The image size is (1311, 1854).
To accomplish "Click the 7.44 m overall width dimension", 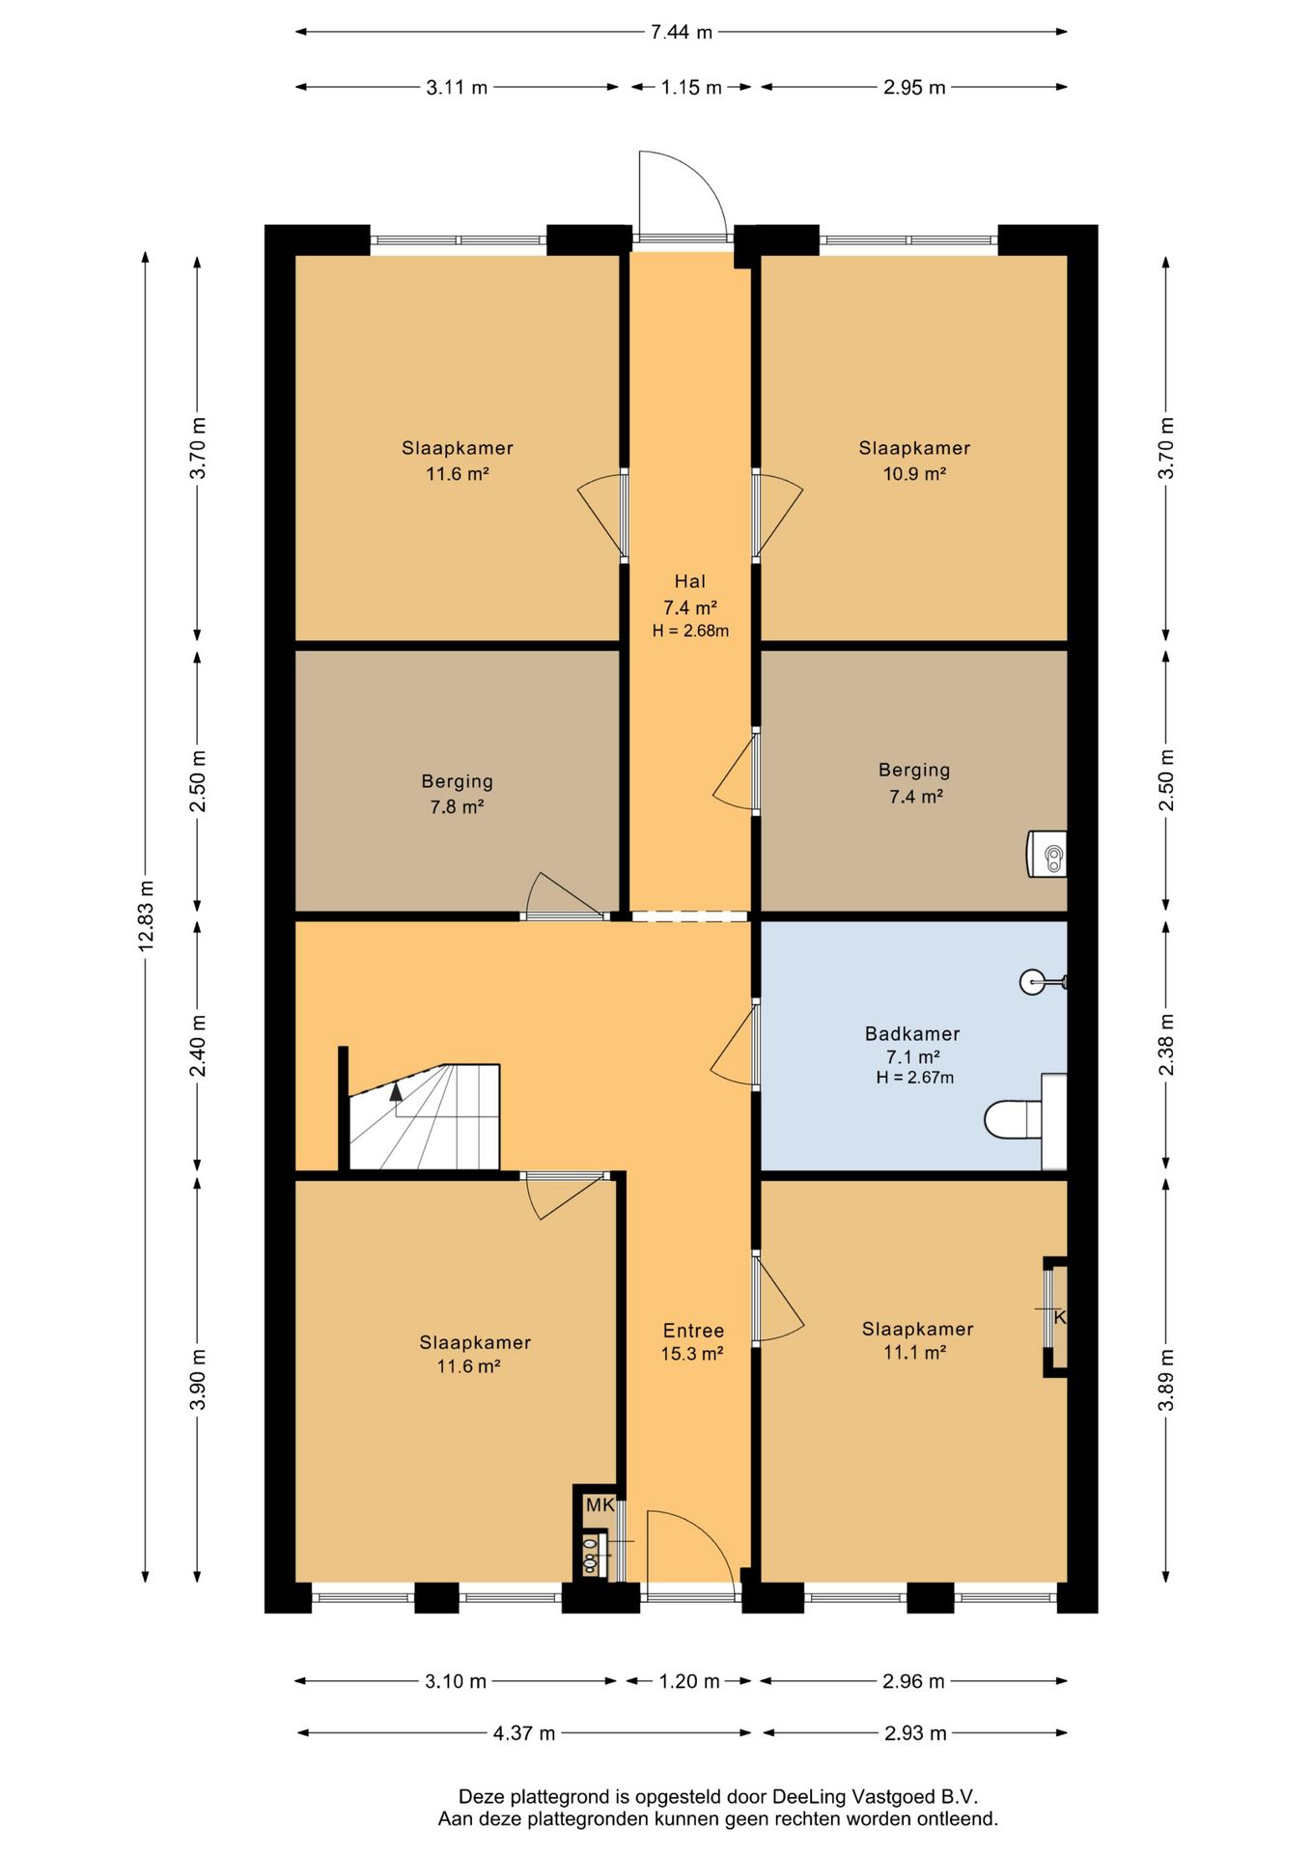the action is coord(682,32).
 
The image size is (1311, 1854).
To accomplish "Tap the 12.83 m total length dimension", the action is coord(146,915).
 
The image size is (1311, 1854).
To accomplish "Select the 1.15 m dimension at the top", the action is coord(691,87).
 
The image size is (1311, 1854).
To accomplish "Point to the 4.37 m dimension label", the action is coord(524,1732).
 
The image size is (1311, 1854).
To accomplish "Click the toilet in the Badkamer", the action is coord(1013,1119).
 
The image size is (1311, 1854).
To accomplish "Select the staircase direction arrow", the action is coord(396,1091).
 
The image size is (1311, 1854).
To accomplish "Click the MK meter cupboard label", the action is coord(600,1504).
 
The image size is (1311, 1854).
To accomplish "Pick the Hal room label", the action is coord(689,581).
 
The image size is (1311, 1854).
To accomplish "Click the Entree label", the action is coord(693,1330).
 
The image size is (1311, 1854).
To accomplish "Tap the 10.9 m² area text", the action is coord(914,474).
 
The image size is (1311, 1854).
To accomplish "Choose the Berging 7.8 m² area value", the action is coord(457,806).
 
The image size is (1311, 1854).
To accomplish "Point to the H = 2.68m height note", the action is coord(690,632).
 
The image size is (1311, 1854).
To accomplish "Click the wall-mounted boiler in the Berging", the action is coord(1046,854).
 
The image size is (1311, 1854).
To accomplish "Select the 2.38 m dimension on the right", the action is coord(1166,1044).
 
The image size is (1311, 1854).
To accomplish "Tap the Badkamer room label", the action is coord(912,1033).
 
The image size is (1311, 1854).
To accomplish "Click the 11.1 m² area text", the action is coord(914,1353).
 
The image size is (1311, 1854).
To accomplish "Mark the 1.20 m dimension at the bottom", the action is coord(689,1681).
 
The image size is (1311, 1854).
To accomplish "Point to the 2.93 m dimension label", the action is coord(915,1732).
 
